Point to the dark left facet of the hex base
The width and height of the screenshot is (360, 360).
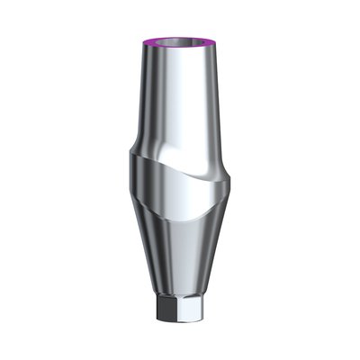tap(162, 310)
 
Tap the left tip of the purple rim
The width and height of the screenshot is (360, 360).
tap(146, 40)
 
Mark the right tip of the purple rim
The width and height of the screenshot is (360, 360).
tap(215, 40)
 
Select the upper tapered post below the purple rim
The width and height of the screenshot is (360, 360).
tap(180, 99)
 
